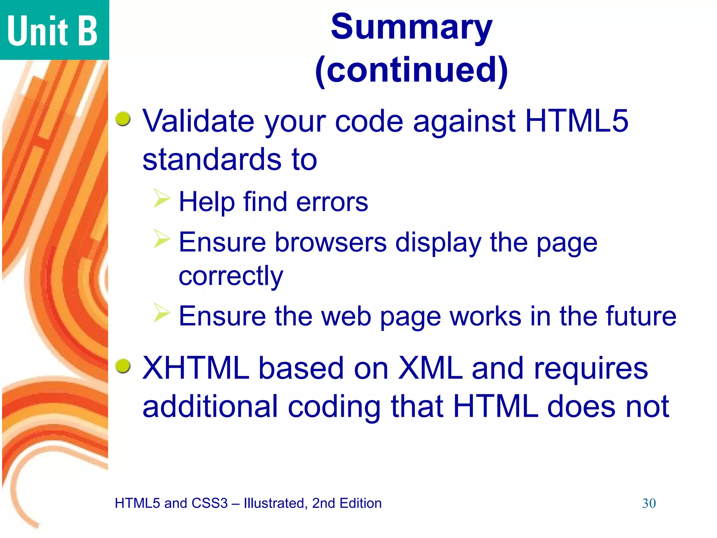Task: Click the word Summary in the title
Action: point(411,27)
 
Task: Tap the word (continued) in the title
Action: point(411,70)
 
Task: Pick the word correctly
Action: point(231,277)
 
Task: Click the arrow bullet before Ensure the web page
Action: point(162,312)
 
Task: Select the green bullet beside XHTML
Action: point(123,366)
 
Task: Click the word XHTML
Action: point(196,368)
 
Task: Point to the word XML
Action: point(430,368)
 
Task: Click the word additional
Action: point(210,407)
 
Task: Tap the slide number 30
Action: point(649,504)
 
